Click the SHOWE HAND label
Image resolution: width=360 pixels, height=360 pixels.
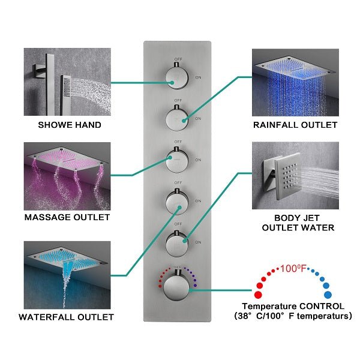pyautogui.click(x=70, y=125)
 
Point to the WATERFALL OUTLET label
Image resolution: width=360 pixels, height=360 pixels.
pyautogui.click(x=67, y=316)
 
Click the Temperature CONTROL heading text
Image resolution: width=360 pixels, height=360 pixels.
pyautogui.click(x=293, y=305)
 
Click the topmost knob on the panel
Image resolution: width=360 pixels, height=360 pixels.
pyautogui.click(x=175, y=76)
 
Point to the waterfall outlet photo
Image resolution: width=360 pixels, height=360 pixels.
pyautogui.click(x=67, y=274)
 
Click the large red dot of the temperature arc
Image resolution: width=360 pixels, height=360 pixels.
pyautogui.click(x=259, y=295)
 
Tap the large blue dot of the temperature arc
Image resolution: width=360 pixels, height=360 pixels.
pyautogui.click(x=327, y=295)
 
